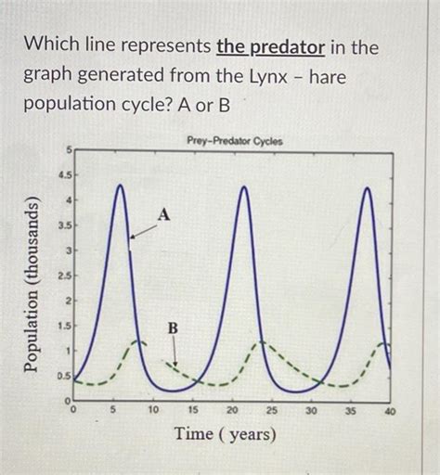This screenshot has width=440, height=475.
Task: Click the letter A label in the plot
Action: [164, 215]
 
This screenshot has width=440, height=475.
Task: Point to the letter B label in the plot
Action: [172, 328]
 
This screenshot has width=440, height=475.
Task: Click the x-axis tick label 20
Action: [232, 408]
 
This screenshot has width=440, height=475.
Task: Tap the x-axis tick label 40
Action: [390, 408]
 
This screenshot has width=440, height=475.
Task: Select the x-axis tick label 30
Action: [311, 408]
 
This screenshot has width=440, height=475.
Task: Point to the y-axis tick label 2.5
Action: [61, 277]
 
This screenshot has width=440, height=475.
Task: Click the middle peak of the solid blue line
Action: [244, 187]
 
